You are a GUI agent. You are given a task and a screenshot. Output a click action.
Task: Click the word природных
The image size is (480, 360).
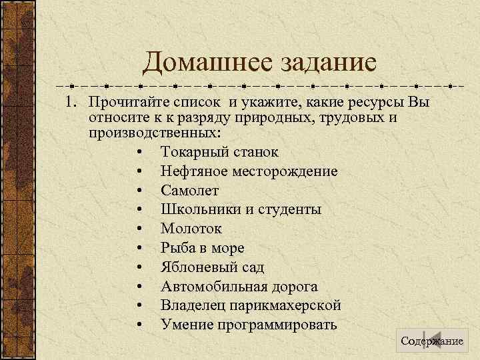tap(274, 118)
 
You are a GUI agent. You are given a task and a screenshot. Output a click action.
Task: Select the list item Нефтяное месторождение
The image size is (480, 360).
tap(249, 171)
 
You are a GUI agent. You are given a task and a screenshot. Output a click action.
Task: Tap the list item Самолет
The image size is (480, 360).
tap(189, 191)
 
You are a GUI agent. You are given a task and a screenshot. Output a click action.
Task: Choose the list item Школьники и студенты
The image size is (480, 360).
tap(241, 209)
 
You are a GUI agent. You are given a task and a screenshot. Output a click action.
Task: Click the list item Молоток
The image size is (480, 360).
tap(191, 229)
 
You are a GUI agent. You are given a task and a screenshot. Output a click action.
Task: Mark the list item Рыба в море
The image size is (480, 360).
tap(202, 248)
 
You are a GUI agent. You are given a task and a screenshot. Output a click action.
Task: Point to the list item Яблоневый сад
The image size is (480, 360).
tap(212, 267)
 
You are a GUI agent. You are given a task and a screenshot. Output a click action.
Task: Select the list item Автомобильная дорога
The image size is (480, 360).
tap(239, 287)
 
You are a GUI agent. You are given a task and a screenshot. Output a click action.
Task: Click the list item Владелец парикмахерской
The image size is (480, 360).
tap(251, 306)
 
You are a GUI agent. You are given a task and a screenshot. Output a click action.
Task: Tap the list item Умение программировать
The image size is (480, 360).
tap(249, 325)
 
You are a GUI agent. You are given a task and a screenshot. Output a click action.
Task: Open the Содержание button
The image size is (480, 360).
tap(431, 341)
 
